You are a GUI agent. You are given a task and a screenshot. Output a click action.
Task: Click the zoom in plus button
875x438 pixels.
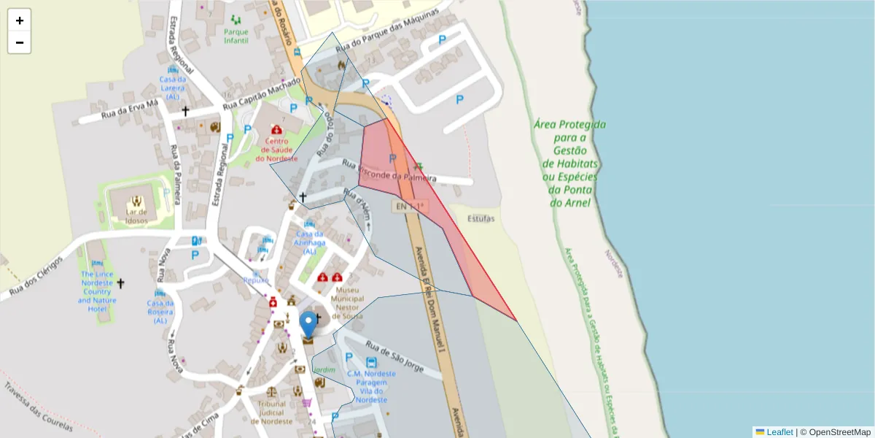[20, 20]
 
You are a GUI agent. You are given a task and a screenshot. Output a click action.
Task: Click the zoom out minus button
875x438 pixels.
[20, 42]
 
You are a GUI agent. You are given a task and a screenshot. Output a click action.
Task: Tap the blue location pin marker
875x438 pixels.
[309, 325]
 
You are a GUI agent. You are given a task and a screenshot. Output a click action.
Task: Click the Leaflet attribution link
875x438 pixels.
[779, 432]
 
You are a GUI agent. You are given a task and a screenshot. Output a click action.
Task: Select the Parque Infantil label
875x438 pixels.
[236, 36]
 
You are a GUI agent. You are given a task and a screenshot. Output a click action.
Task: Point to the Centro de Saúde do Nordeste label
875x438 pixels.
[276, 150]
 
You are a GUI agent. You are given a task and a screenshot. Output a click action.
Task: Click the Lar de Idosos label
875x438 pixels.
[136, 216]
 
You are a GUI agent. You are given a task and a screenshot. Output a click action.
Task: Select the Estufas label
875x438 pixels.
[481, 218]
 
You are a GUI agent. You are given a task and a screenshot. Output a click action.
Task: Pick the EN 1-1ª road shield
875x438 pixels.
[410, 207]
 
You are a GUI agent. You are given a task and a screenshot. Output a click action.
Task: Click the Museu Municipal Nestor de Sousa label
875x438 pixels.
[347, 303]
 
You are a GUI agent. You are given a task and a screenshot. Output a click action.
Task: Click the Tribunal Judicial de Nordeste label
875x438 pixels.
[271, 412]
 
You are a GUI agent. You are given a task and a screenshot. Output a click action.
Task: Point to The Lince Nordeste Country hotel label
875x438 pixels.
[96, 291]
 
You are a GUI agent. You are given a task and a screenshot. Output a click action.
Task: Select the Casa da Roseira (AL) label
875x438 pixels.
[160, 312]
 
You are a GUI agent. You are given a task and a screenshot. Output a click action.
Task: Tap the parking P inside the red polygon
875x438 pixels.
[392, 158]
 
